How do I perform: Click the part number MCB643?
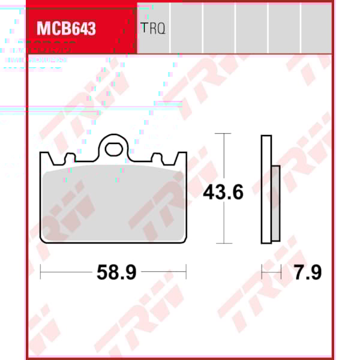pos(66,28)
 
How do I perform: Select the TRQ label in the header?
pos(153,28)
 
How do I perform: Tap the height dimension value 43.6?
pos(223,193)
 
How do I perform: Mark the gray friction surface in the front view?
pos(113,204)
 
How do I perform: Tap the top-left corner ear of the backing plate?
pos(45,158)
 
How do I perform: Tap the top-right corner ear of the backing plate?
pos(182,158)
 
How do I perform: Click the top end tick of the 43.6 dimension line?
pos(223,134)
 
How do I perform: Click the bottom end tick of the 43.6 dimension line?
pos(223,243)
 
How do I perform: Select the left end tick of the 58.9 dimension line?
pos(40,272)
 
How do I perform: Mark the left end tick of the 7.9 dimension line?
pos(262,272)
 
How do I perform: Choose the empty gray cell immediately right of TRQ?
pos(186,28)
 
